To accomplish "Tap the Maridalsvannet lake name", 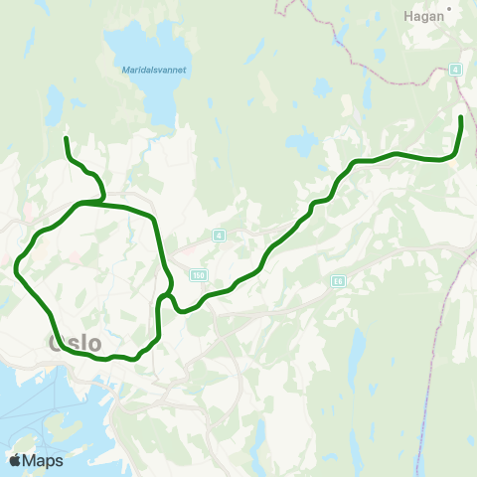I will coord(155,71).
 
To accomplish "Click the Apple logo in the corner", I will coord(15,460).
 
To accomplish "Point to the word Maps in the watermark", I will coord(44,460).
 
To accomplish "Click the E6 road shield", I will coord(338,281).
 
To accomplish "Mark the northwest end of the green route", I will coord(66,138).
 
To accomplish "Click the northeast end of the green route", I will coord(461,117).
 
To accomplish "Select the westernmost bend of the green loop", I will coord(17,266).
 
